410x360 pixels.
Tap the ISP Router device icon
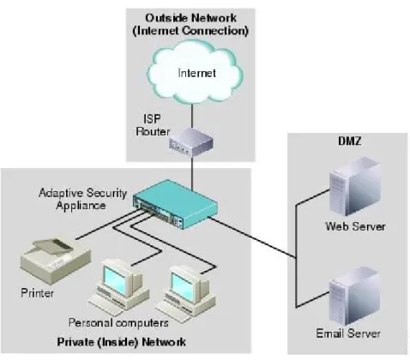pos(191,142)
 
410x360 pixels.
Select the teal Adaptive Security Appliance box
pos(175,204)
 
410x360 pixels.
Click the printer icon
pos(56,260)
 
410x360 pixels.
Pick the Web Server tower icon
pos(355,186)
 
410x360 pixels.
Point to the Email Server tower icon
pos(354,297)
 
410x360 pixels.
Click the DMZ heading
pos(349,141)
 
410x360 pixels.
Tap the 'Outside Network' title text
pos(190,18)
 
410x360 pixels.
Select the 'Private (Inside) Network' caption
pos(121,342)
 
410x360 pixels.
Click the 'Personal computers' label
pos(118,323)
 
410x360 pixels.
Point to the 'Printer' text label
pos(37,293)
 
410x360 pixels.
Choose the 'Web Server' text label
pos(355,226)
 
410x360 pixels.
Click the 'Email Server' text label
pos(348,333)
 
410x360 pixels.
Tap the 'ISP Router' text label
pos(153,125)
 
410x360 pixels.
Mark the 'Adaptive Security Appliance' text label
pos(82,199)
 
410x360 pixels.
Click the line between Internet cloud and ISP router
pos(192,116)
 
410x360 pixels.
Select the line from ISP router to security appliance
pos(192,173)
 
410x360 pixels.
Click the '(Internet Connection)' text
pos(190,31)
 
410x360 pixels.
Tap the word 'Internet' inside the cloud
pos(196,73)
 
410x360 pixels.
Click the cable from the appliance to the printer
pos(108,225)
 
